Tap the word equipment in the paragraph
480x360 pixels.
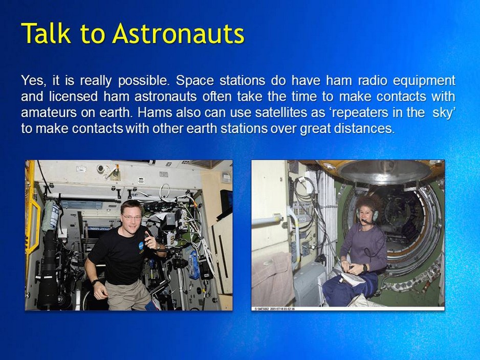click(x=424, y=81)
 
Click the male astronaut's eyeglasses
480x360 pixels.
click(x=132, y=217)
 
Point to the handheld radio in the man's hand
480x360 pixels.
click(x=148, y=236)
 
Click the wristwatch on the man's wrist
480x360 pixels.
click(x=95, y=282)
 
